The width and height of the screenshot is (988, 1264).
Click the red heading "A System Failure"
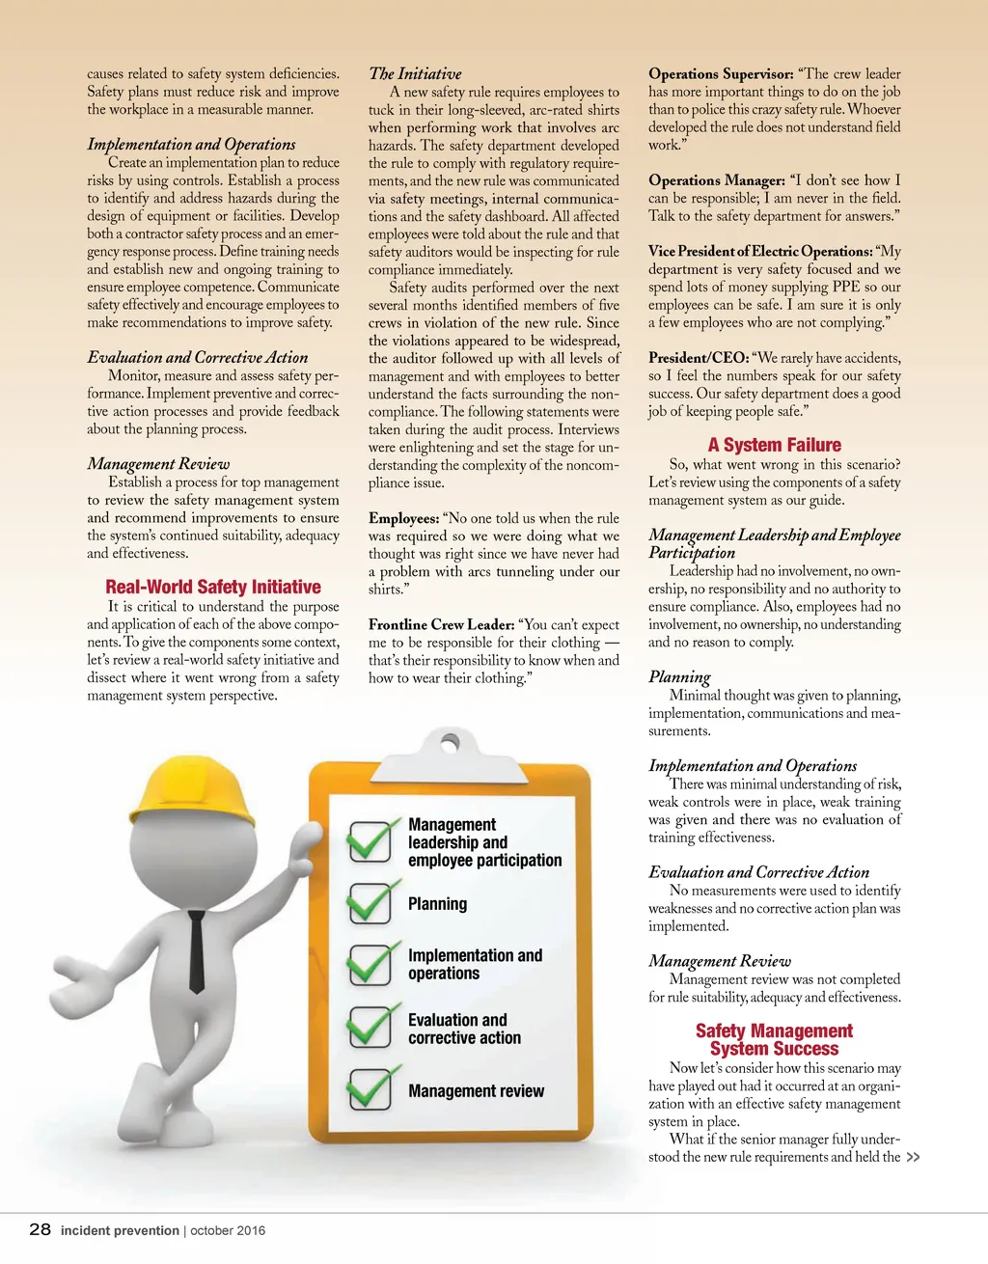click(x=774, y=445)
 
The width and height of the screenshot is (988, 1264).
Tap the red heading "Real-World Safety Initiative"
click(x=213, y=587)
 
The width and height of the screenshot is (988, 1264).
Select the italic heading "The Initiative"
click(x=415, y=73)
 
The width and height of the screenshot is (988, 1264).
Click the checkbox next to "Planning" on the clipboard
click(x=370, y=903)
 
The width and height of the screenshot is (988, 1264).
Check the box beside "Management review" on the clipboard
click(x=370, y=1089)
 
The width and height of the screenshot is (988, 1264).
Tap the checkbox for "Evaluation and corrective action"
click(x=370, y=1027)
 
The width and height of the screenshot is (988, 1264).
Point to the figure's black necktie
click(x=197, y=950)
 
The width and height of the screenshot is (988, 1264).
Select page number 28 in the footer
click(x=40, y=1229)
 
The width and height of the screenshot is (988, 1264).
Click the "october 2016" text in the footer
click(x=228, y=1230)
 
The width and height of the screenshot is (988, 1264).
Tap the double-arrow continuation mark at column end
click(x=913, y=1157)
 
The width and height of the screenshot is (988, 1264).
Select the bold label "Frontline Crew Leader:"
click(x=441, y=624)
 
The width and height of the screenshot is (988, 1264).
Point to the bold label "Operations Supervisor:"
click(x=721, y=73)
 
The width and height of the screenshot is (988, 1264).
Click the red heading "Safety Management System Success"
click(x=774, y=1039)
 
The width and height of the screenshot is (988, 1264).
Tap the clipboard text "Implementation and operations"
click(x=475, y=964)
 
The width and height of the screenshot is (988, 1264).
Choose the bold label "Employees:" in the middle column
click(x=403, y=518)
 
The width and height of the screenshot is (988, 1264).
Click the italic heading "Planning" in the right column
click(x=679, y=676)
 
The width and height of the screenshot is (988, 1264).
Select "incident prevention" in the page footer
click(x=120, y=1230)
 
